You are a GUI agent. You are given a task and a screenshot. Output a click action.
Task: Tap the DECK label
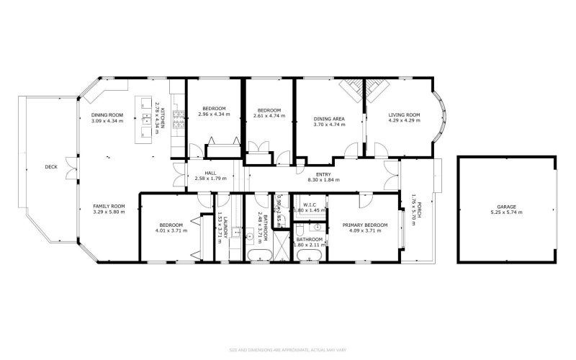coord(50,167)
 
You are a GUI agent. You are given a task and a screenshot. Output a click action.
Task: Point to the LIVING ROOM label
coord(404,114)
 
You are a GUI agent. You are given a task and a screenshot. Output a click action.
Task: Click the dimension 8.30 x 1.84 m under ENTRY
coord(323,179)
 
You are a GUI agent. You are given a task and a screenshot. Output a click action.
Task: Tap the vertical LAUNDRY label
coord(225,226)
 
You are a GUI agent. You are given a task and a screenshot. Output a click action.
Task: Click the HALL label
coord(210,173)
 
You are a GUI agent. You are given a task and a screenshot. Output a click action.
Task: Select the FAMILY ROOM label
coord(109,206)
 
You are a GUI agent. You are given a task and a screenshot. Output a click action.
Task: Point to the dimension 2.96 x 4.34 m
coord(214,114)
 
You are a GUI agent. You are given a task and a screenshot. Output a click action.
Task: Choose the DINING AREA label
coord(329,119)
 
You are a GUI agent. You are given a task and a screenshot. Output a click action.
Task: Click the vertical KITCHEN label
coord(163,117)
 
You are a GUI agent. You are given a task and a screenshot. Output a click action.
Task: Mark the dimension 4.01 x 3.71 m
coord(170,231)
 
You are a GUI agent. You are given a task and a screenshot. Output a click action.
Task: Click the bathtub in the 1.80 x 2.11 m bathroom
coord(311,256)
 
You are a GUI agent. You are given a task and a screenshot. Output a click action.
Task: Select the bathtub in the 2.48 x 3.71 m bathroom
coord(258,256)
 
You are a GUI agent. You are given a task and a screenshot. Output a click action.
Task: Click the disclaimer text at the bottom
coord(288,349)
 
